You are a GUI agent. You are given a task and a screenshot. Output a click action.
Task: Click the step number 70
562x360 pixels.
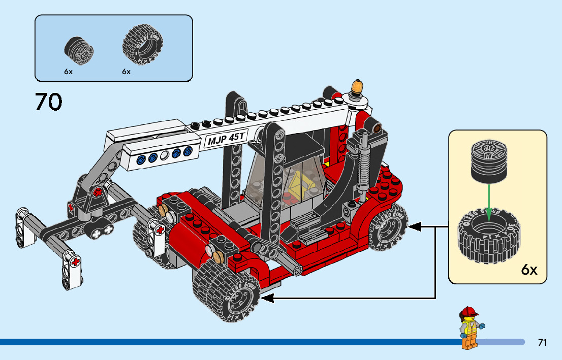[x=49, y=102]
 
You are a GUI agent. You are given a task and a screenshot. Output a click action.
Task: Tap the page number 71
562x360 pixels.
[x=542, y=343]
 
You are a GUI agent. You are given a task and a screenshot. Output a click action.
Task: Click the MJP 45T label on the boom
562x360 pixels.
[x=226, y=139]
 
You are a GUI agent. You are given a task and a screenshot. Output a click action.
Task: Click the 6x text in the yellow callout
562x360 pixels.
[x=529, y=270]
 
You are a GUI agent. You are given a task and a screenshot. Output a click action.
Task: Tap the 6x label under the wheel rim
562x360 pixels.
[x=69, y=72]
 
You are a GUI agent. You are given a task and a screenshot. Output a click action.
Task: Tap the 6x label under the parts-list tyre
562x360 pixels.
[x=127, y=72]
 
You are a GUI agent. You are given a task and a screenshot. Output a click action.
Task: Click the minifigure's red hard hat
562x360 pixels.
[x=469, y=312]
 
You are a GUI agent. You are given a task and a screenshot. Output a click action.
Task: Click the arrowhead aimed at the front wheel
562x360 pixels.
[x=267, y=299]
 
